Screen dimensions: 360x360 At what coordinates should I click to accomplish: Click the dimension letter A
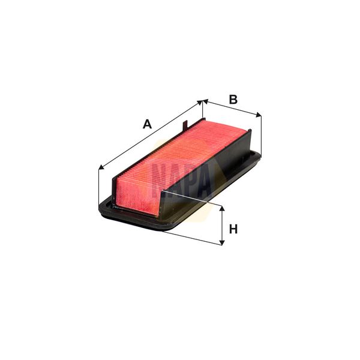click(x=146, y=124)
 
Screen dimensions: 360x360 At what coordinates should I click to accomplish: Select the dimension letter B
click(x=233, y=99)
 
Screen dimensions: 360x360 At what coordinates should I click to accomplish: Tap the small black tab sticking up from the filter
click(x=185, y=125)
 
